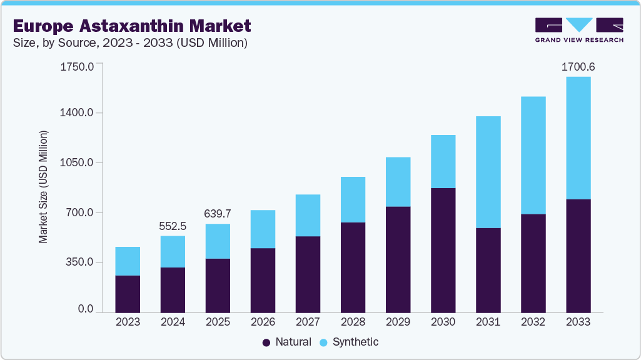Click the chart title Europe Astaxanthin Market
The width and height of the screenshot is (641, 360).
(131, 26)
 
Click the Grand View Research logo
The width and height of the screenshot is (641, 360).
(578, 30)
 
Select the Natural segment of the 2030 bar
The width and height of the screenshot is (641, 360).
(443, 250)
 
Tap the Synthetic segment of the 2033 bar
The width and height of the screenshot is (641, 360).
(578, 138)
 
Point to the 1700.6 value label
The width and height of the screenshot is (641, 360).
(578, 66)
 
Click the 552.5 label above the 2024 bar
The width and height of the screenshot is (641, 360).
(173, 226)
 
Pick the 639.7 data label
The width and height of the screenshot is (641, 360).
(218, 214)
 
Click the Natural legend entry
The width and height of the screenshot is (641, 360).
(286, 342)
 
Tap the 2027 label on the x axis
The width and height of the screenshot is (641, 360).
(308, 322)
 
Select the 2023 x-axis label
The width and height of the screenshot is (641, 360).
(128, 322)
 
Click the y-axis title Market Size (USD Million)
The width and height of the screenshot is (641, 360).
(43, 187)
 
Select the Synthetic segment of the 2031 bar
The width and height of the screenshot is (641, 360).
(488, 172)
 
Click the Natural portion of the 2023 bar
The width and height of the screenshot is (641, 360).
(128, 294)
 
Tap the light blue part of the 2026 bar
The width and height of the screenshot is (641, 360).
(263, 229)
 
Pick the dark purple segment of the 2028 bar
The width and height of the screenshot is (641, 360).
(353, 267)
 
